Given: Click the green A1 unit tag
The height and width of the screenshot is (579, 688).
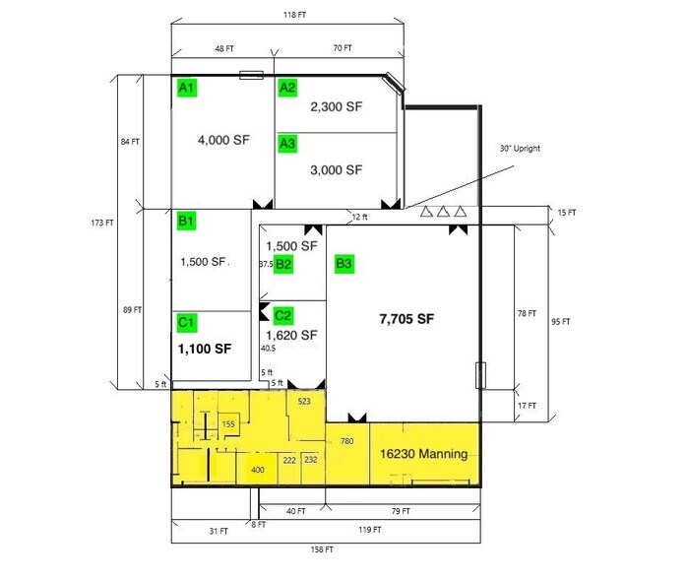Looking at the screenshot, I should (x=186, y=88).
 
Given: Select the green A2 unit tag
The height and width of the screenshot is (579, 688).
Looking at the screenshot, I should (x=287, y=89).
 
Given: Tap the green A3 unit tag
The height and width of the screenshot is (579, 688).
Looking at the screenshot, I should (x=287, y=145).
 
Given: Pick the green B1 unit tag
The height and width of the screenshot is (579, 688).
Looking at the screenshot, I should (x=186, y=221).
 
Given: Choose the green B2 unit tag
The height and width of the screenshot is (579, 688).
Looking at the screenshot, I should (x=283, y=264).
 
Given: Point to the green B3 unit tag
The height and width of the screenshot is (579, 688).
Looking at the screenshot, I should (x=344, y=264).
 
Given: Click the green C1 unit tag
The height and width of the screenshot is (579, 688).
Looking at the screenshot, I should (x=186, y=322).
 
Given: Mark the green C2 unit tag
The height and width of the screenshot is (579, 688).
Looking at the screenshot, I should (x=283, y=315).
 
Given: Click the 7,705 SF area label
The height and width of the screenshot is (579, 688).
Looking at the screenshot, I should (x=407, y=319).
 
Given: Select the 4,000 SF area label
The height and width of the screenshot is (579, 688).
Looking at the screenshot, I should (x=223, y=140).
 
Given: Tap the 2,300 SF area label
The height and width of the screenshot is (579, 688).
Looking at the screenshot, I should (x=337, y=106).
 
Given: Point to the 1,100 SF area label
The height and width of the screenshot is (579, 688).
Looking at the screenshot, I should (x=204, y=349).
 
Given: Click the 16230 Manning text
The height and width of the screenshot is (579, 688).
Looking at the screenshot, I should (x=423, y=454).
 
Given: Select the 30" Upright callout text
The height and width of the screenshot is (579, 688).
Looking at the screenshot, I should (x=520, y=149).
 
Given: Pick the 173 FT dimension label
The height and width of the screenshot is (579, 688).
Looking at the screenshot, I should (x=102, y=223).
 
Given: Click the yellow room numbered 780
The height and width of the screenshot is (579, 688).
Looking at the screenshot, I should (x=346, y=441).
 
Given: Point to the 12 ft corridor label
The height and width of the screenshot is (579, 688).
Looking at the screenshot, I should (x=360, y=217).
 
